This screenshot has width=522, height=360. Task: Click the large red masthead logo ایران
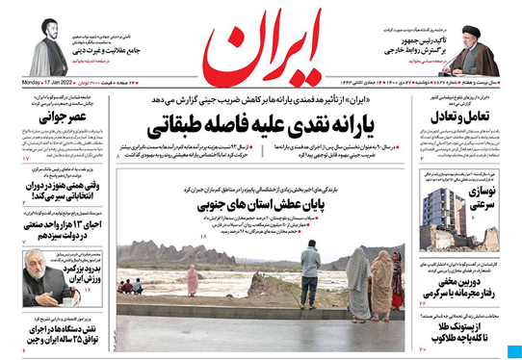tap(261, 48)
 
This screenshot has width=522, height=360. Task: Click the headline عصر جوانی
tap(57, 118)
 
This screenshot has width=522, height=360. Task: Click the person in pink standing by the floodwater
tap(192, 280)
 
